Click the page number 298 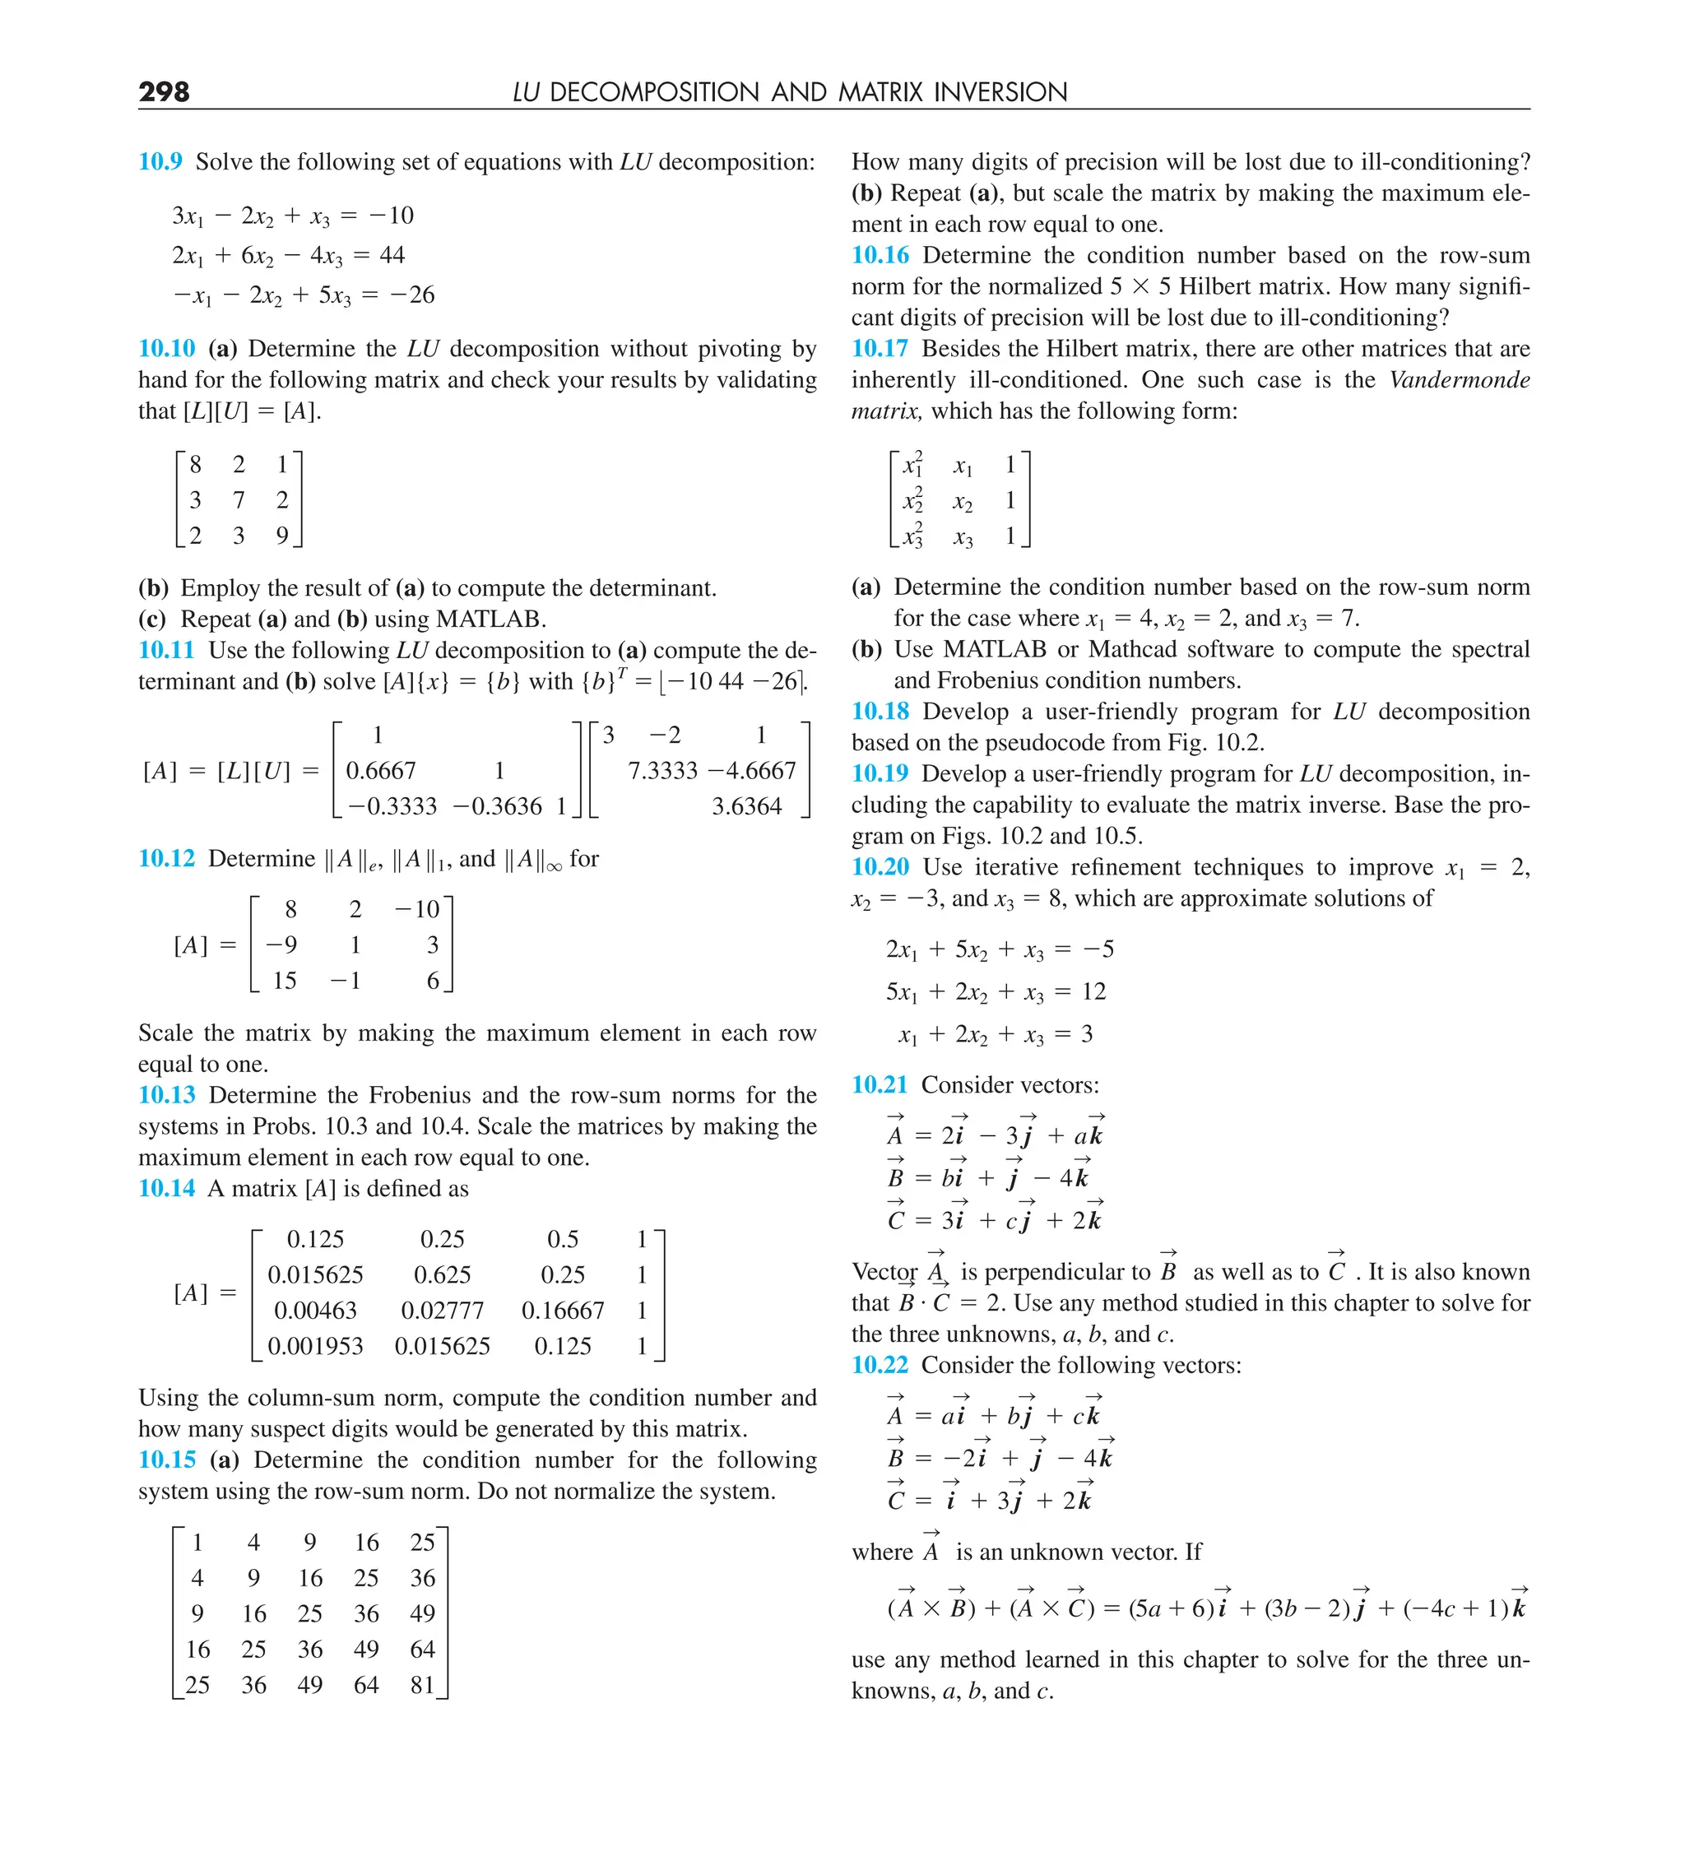pos(164,91)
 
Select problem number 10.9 pos(160,161)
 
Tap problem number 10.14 pos(166,1188)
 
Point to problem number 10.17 pos(880,348)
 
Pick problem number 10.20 pos(880,867)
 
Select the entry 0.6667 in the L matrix pos(380,770)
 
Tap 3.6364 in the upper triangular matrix pos(746,806)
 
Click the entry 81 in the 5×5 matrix pos(422,1685)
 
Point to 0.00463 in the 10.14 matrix pos(315,1310)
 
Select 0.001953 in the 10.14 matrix pos(315,1346)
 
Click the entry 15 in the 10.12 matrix pos(285,981)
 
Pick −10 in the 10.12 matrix pos(417,909)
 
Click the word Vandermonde pos(1459,379)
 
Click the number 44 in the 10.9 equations pos(392,255)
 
